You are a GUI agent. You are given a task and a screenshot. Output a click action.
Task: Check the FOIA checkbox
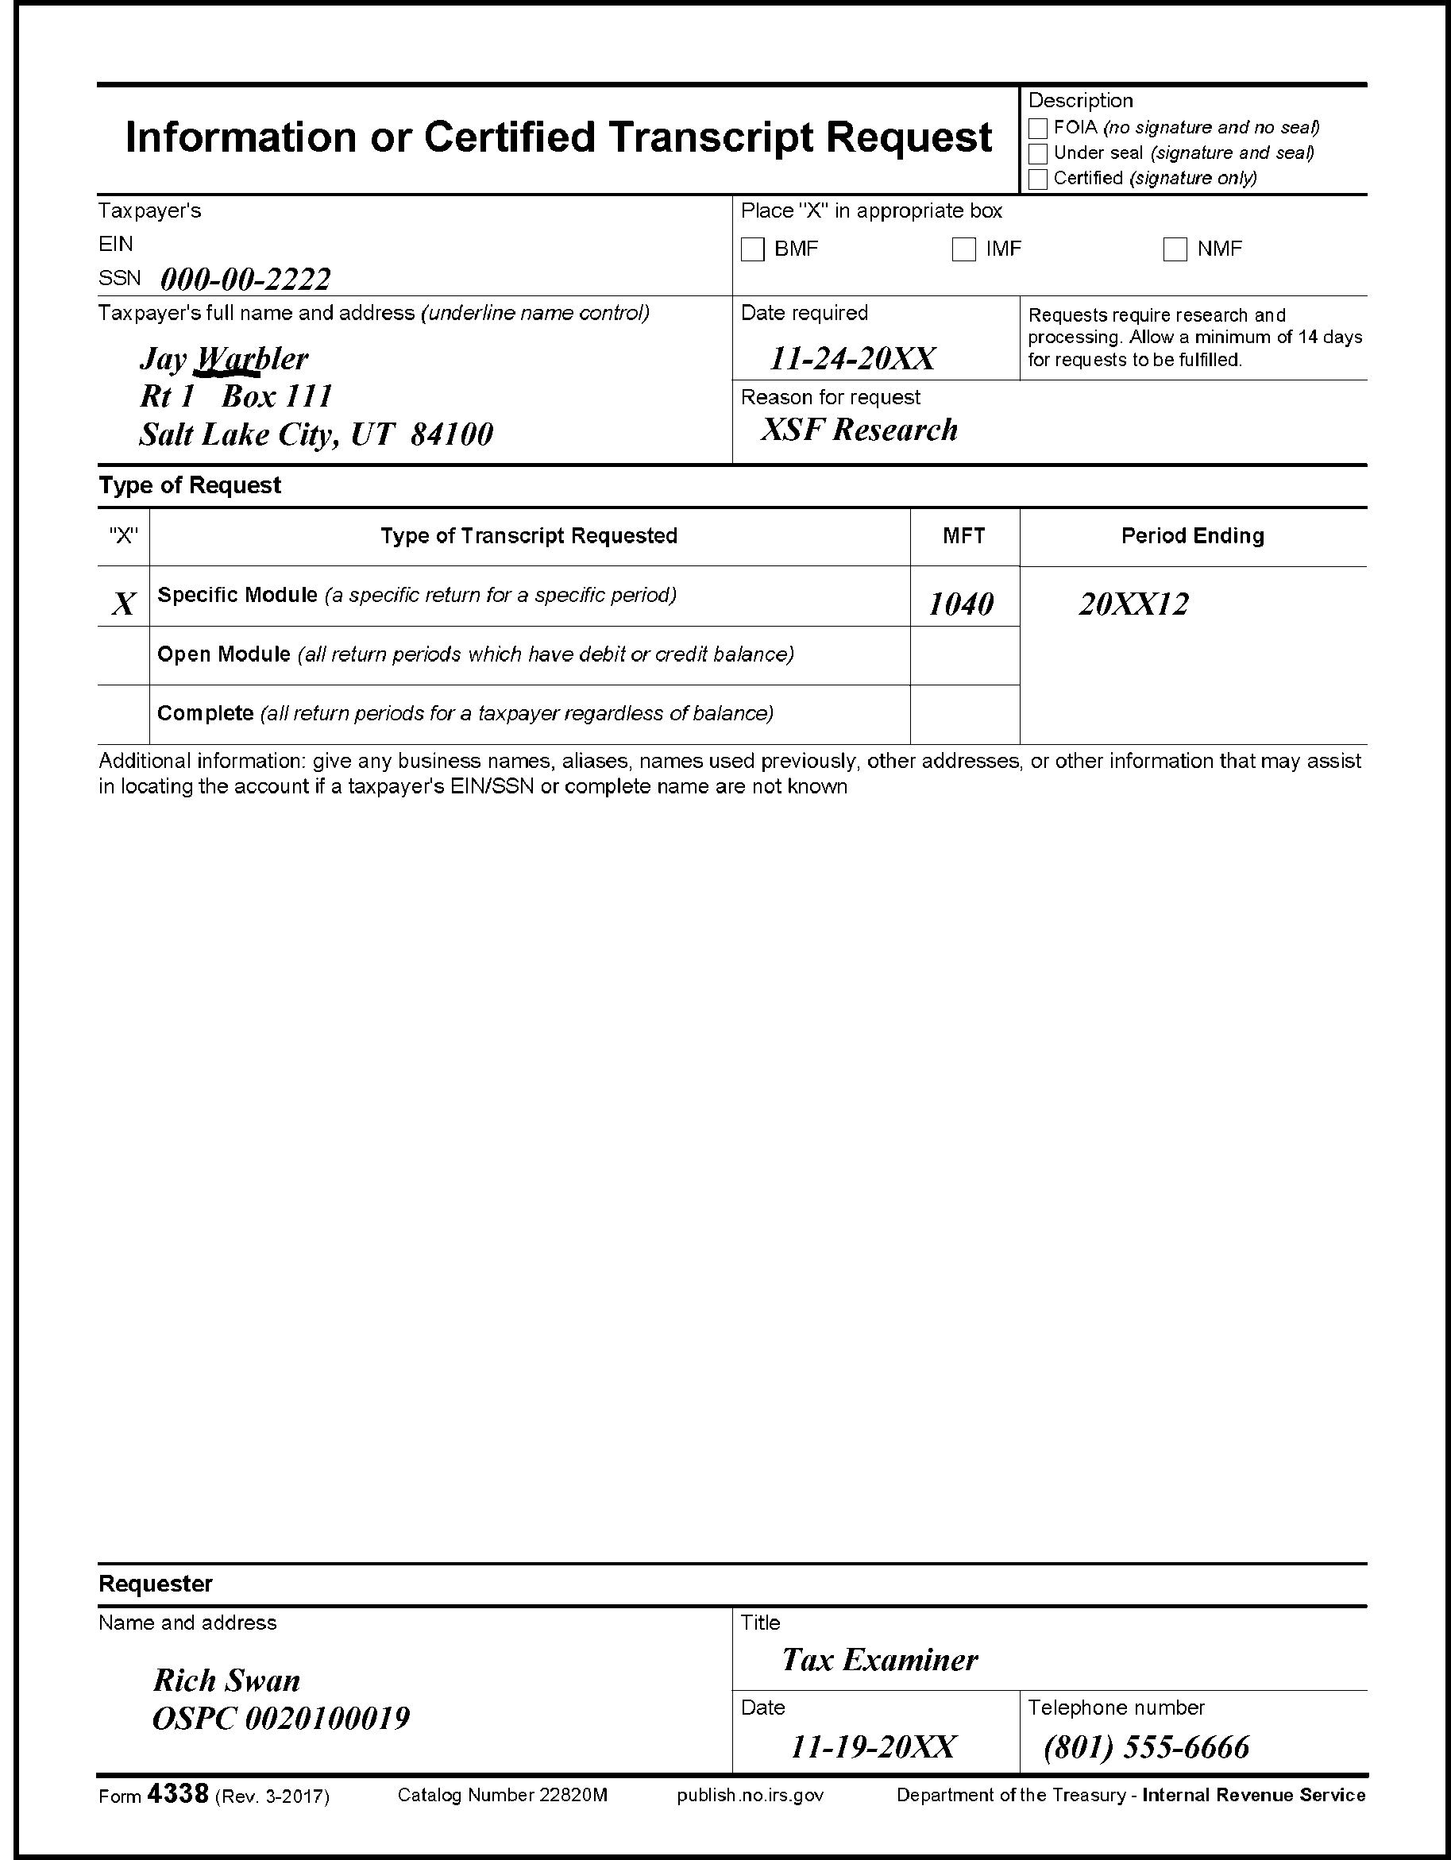tap(1037, 129)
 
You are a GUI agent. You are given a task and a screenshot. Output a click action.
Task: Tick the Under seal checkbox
tap(1037, 154)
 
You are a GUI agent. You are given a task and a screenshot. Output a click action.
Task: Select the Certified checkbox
tap(1037, 179)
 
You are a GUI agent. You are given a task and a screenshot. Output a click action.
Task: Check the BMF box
tap(753, 249)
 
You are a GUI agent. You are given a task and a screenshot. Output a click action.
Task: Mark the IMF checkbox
tap(964, 249)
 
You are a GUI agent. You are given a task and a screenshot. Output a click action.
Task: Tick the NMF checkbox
tap(1175, 249)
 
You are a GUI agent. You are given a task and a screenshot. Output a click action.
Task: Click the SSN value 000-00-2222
tap(245, 279)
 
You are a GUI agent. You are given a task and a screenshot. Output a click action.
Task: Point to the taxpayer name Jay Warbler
tap(223, 358)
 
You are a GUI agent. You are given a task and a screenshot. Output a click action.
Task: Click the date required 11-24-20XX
tap(851, 358)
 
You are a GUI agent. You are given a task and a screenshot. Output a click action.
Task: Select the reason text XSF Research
tap(859, 429)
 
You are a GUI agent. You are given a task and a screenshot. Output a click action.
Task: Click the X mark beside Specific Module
tap(123, 604)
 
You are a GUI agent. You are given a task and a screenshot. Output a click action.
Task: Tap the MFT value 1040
tap(960, 604)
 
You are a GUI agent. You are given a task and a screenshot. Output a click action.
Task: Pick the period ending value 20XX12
tap(1133, 604)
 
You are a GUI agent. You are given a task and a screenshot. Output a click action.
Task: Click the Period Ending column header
tap(1192, 536)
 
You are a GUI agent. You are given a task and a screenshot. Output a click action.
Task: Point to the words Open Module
tap(224, 654)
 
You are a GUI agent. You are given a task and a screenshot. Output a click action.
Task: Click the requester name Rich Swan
tap(226, 1681)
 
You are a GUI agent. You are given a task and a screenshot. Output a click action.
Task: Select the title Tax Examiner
tap(880, 1659)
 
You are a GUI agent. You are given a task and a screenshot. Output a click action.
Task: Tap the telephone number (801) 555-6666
tap(1146, 1747)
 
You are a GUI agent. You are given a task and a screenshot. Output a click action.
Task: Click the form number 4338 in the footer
tap(177, 1793)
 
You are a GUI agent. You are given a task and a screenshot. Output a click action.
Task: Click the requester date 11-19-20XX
tap(873, 1747)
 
